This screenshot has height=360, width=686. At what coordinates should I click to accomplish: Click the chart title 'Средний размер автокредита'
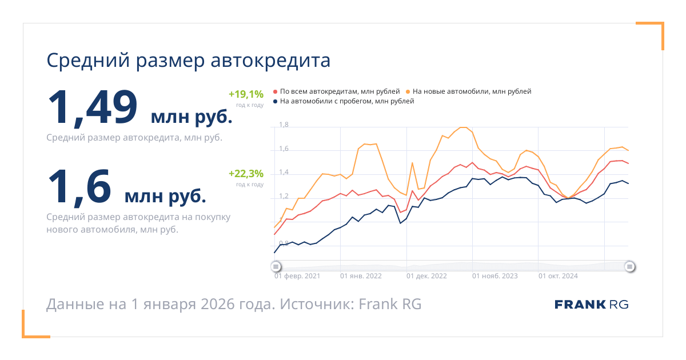[x=188, y=61]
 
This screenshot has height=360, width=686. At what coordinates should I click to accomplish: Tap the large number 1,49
[x=93, y=107]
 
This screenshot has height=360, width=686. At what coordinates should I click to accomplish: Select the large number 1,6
[x=79, y=186]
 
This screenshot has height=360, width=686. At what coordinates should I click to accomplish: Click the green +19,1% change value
[x=246, y=94]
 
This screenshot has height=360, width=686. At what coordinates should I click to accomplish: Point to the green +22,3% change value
[x=246, y=174]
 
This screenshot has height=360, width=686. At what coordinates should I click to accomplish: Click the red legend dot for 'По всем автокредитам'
[x=276, y=91]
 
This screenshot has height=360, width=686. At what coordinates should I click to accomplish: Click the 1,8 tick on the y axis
[x=284, y=125]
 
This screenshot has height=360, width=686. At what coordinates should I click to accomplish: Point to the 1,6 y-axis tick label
[x=284, y=149]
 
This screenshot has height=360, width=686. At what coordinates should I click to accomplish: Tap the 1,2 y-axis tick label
[x=284, y=196]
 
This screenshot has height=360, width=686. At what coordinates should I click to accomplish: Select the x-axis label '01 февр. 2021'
[x=297, y=276]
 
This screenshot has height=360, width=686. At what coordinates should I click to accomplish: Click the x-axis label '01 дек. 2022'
[x=426, y=276]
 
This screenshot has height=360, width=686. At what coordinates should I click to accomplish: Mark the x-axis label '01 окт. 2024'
[x=558, y=276]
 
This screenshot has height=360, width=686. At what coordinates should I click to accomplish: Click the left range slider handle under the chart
[x=276, y=266]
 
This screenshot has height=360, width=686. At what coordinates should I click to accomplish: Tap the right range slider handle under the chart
[x=629, y=266]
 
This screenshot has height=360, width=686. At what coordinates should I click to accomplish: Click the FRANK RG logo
[x=591, y=304]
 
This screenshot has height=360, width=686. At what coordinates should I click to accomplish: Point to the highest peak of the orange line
[x=464, y=127]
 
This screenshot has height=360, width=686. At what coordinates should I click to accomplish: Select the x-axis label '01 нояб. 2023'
[x=494, y=276]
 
